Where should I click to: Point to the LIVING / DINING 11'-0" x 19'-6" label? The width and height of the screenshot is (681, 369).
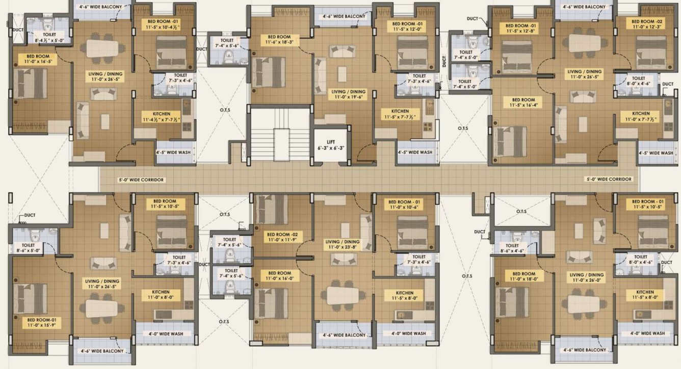[x=346, y=95]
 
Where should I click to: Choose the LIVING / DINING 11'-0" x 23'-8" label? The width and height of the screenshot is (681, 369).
[x=342, y=245]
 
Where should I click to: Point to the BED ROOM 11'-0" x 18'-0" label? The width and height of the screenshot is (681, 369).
[x=523, y=276]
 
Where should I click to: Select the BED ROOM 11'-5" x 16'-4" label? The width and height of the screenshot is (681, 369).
[x=523, y=103]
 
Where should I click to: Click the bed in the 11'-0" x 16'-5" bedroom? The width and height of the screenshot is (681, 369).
[x=31, y=83]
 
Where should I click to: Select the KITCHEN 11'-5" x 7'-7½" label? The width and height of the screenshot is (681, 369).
[x=400, y=114]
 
